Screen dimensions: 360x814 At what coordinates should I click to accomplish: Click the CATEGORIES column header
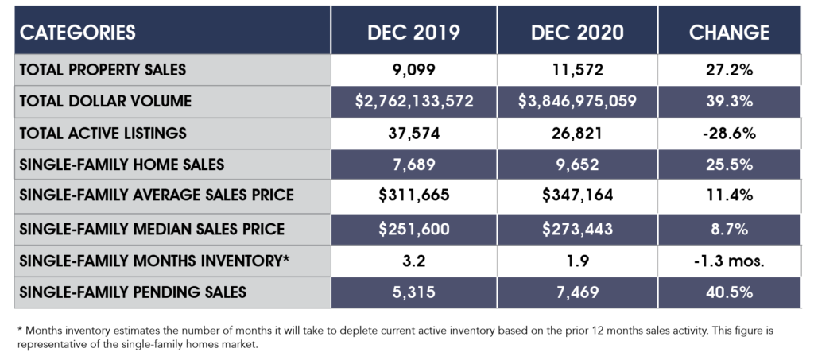tap(77, 33)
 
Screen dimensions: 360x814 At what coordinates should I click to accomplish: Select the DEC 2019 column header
tap(413, 33)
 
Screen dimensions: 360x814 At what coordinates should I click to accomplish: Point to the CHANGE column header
tap(729, 33)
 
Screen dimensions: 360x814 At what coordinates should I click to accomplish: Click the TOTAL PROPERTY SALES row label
tap(103, 70)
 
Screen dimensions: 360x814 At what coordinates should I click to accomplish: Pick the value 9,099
tap(413, 70)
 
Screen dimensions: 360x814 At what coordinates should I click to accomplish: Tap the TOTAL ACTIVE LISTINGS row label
tap(103, 134)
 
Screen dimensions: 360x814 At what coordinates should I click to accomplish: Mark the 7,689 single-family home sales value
tap(413, 165)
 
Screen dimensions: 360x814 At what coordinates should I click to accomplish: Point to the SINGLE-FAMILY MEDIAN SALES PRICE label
tap(152, 230)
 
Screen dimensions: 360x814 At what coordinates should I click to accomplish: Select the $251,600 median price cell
tap(413, 230)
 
